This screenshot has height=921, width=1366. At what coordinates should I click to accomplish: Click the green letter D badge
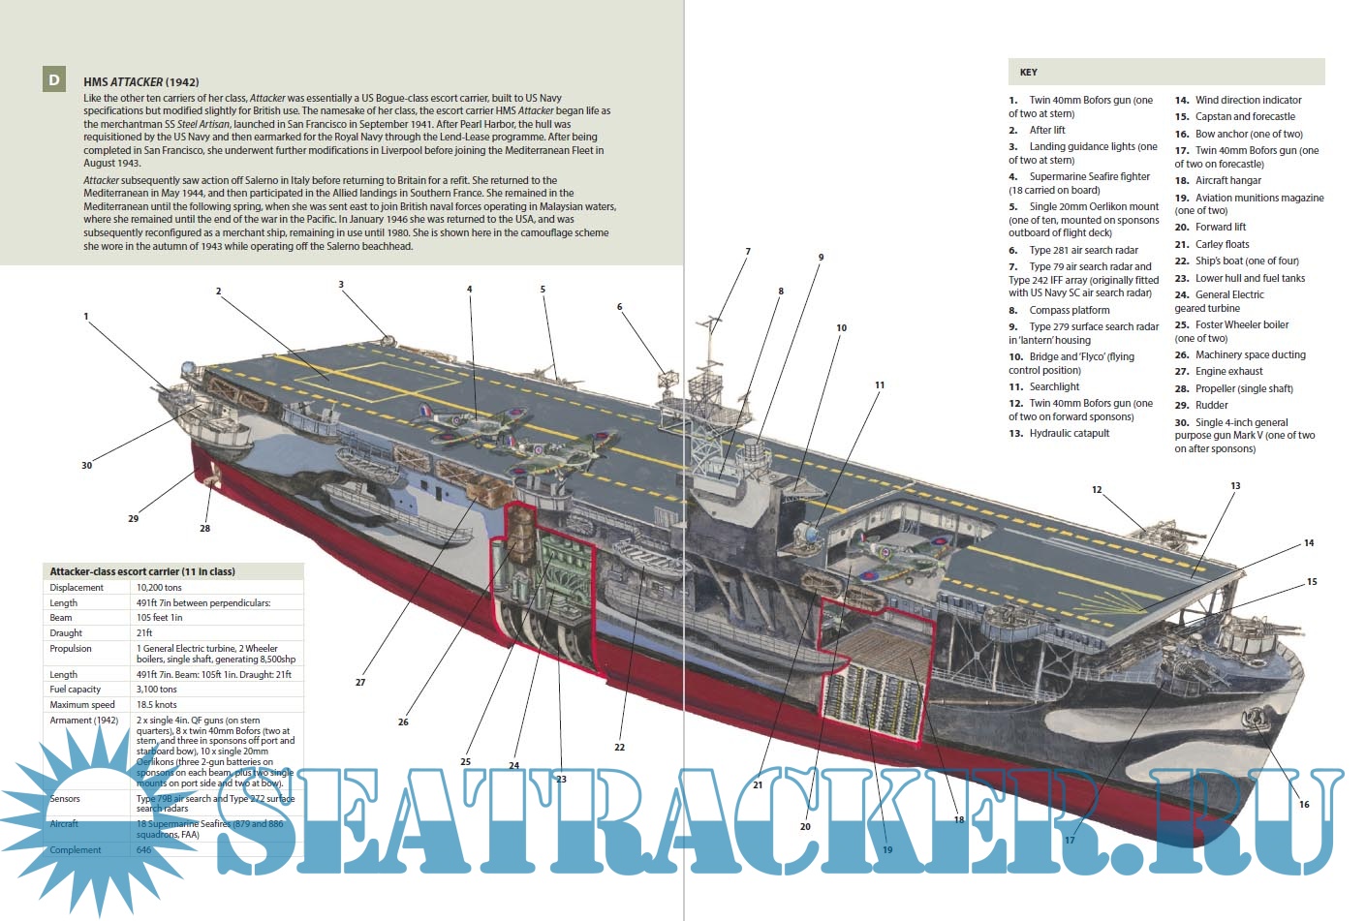[54, 80]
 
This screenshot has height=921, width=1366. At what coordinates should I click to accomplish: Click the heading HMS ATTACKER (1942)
[140, 82]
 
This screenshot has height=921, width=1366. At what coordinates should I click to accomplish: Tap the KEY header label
[1028, 73]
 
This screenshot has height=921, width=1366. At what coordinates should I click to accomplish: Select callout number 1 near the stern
[86, 317]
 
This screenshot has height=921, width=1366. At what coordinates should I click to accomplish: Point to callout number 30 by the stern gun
[86, 466]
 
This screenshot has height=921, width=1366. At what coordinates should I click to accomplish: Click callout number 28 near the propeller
[204, 529]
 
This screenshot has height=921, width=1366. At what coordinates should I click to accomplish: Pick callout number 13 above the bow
[1235, 486]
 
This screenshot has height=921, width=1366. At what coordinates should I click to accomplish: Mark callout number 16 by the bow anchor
[1304, 805]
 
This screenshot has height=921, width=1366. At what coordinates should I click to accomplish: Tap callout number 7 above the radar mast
[748, 252]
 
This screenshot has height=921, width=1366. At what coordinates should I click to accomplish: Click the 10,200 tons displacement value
[159, 588]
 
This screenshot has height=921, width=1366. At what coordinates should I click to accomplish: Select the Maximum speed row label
[82, 705]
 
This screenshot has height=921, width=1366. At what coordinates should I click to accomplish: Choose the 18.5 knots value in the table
[157, 705]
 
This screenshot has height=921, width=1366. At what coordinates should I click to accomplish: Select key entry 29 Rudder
[1211, 406]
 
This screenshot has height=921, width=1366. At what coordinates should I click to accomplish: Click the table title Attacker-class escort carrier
[142, 571]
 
